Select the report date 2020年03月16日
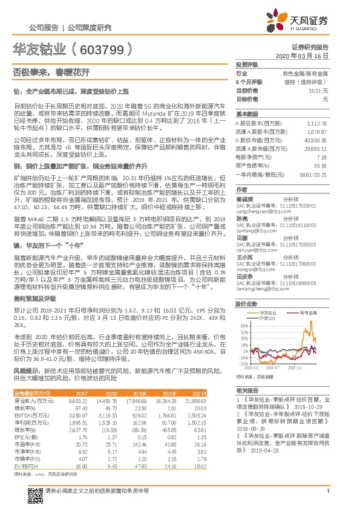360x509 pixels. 305,54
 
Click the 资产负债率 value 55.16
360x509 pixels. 319,164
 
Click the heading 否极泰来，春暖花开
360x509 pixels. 51,71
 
